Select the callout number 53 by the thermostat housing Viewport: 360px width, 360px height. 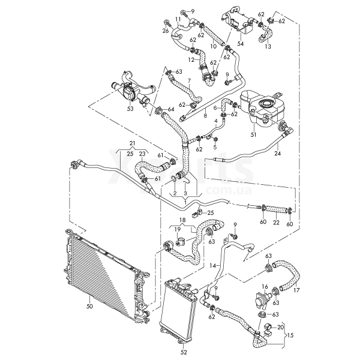point(130,109)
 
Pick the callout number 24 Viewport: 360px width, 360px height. point(277,154)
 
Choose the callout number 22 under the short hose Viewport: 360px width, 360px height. point(275,223)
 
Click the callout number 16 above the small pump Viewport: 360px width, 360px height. point(265,287)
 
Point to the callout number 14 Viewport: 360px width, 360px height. point(213,265)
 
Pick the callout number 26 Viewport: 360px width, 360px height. point(165,29)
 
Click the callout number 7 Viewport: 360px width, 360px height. point(188,80)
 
